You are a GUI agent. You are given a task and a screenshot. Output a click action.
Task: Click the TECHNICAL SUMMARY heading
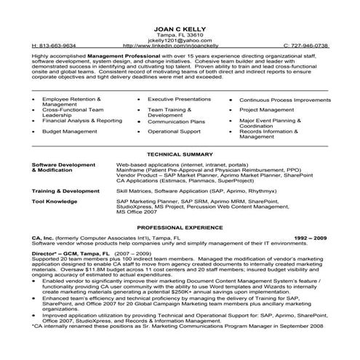tap(179, 155)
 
